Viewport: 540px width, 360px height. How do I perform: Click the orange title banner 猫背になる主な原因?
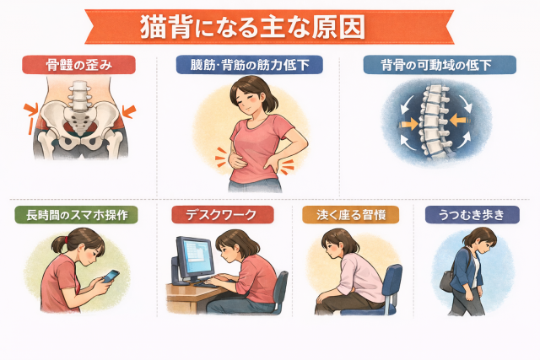click(269, 27)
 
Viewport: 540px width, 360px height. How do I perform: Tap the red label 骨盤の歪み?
click(78, 65)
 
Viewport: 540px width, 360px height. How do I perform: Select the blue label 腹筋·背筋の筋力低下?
click(250, 65)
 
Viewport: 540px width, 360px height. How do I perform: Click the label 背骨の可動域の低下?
click(440, 65)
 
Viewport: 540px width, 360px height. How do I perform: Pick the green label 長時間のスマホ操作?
click(77, 215)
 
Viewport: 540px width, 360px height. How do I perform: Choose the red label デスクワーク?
click(223, 215)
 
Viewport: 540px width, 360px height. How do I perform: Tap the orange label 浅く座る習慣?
click(351, 215)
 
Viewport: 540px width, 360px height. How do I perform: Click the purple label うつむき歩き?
click(472, 215)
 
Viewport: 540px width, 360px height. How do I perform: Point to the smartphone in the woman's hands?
click(111, 276)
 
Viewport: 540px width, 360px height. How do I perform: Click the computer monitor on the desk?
click(194, 258)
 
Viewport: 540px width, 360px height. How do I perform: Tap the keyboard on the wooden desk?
click(209, 284)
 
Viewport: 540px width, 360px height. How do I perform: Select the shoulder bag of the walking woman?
click(447, 281)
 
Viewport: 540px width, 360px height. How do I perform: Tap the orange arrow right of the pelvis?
click(129, 111)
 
